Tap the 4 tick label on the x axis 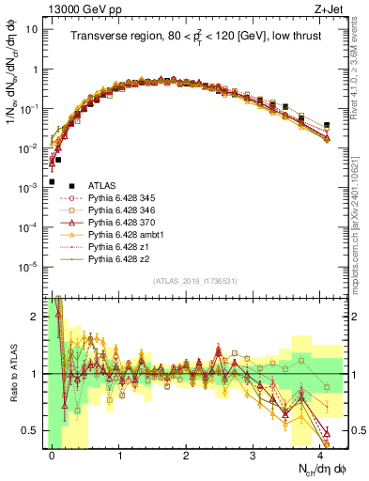click(x=320, y=454)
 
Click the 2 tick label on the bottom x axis click(x=187, y=454)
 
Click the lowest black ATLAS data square click(x=52, y=181)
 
